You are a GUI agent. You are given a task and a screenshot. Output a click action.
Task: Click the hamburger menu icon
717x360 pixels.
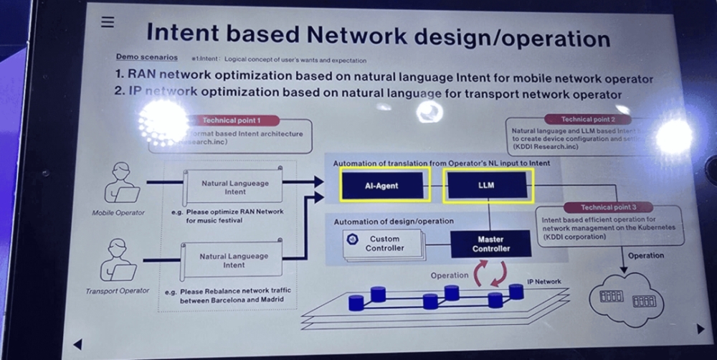pyautogui.click(x=108, y=22)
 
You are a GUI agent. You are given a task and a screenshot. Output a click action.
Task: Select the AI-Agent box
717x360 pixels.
pyautogui.click(x=381, y=186)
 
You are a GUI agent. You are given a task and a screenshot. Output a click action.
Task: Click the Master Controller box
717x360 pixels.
pyautogui.click(x=490, y=244)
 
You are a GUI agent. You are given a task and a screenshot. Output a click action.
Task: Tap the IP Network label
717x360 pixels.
pyautogui.click(x=544, y=282)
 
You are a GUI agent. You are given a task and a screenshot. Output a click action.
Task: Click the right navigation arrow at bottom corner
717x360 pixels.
pyautogui.click(x=701, y=328)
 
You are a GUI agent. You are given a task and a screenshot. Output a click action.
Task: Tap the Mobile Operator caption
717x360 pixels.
pyautogui.click(x=118, y=213)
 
